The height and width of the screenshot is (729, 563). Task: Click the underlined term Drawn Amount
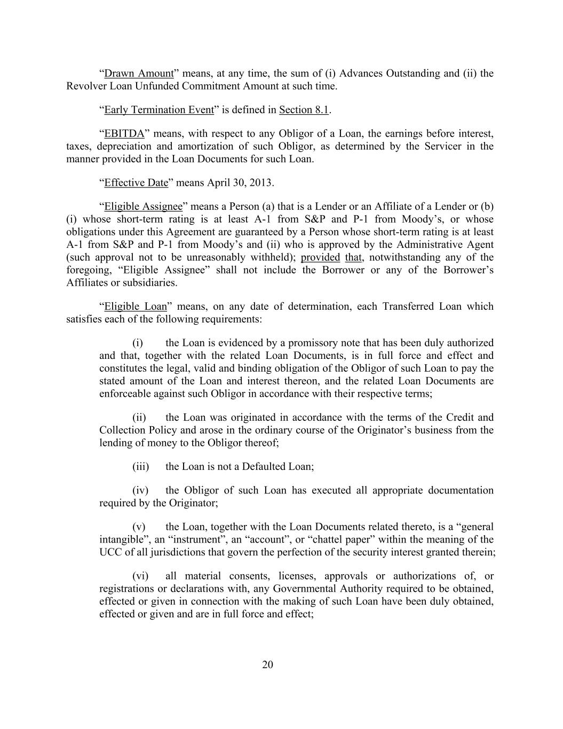[x=139, y=74]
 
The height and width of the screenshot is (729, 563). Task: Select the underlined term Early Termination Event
[x=158, y=110]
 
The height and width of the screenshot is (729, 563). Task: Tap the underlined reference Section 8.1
[x=303, y=110]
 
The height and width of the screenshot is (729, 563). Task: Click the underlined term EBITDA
[x=124, y=134]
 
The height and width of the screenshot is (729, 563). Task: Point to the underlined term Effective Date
[x=136, y=183]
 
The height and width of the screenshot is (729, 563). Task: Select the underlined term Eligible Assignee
[x=143, y=207]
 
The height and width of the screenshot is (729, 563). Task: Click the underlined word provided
[x=320, y=257]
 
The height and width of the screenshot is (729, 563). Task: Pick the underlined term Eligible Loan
[x=136, y=307]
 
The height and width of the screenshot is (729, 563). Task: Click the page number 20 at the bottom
[x=268, y=664]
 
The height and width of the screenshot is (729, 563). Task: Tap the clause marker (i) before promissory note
[x=138, y=343]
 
